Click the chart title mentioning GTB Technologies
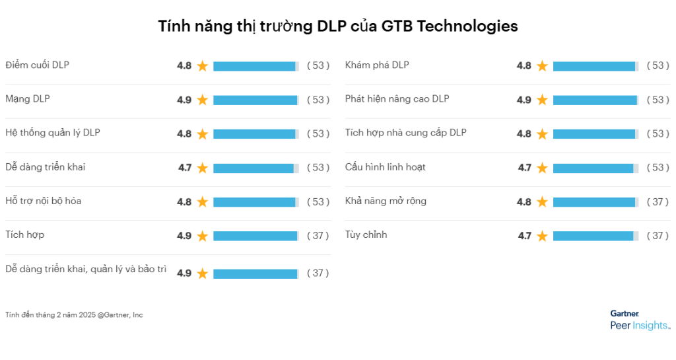coord(337,26)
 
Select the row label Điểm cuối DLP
coord(37,65)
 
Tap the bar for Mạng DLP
coord(255,100)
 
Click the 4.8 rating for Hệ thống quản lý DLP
coord(184,133)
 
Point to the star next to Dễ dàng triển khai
coord(203,168)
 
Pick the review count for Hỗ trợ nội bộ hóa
coord(318,201)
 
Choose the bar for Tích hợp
coord(255,236)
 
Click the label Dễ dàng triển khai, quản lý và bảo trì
coord(86,269)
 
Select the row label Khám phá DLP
coord(377,65)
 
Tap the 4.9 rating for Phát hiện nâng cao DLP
coord(524,100)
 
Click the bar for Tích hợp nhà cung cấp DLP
coord(595,133)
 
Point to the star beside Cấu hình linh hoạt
coord(542,168)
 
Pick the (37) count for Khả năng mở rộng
coord(658,201)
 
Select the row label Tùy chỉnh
coord(366,234)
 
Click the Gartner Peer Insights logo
coord(639,320)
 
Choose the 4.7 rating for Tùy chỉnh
coord(524,236)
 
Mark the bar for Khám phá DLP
coord(595,66)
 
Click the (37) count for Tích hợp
coord(318,236)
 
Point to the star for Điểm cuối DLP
coord(203,66)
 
